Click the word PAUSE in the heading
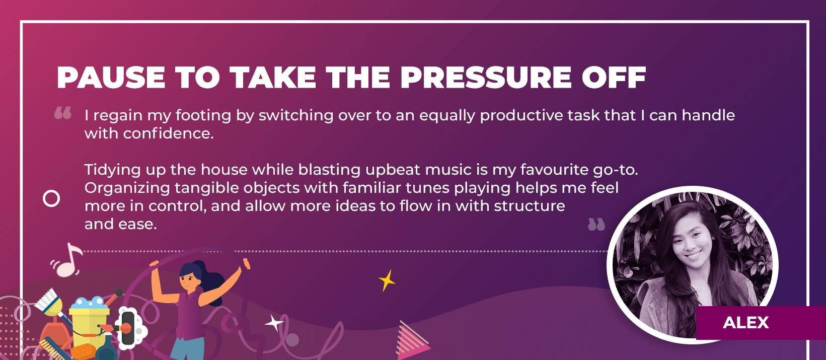pyautogui.click(x=111, y=78)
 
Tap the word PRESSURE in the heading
pyautogui.click(x=486, y=78)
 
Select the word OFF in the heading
pyautogui.click(x=614, y=78)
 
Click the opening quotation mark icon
pyautogui.click(x=63, y=113)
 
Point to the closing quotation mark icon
pyautogui.click(x=596, y=224)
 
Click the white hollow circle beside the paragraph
pyautogui.click(x=51, y=198)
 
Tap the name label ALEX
pyautogui.click(x=745, y=323)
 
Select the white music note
pyautogui.click(x=67, y=260)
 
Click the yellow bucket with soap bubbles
pyautogui.click(x=89, y=321)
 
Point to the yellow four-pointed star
pyautogui.click(x=387, y=280)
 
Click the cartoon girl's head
pyautogui.click(x=191, y=276)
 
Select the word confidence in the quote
pyautogui.click(x=168, y=133)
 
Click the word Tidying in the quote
pyautogui.click(x=112, y=170)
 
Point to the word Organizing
pyautogui.click(x=127, y=188)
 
